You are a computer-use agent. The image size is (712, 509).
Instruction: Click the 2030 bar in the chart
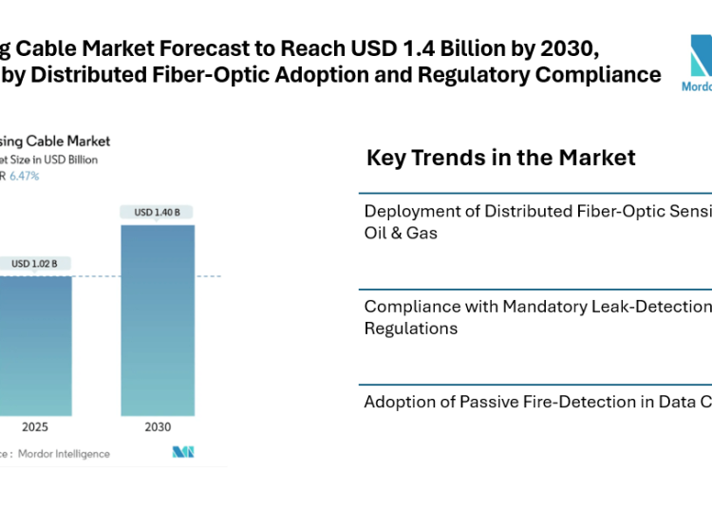tap(158, 320)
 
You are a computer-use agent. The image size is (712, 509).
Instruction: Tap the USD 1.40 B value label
tap(158, 212)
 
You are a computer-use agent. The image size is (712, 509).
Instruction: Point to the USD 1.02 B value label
tap(35, 263)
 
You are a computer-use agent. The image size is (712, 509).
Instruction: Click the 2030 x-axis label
tap(158, 427)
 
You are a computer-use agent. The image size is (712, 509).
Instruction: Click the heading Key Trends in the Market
tap(500, 158)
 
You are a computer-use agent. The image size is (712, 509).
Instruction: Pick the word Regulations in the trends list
tap(411, 329)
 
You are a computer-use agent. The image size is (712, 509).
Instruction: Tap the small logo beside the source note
tap(183, 452)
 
